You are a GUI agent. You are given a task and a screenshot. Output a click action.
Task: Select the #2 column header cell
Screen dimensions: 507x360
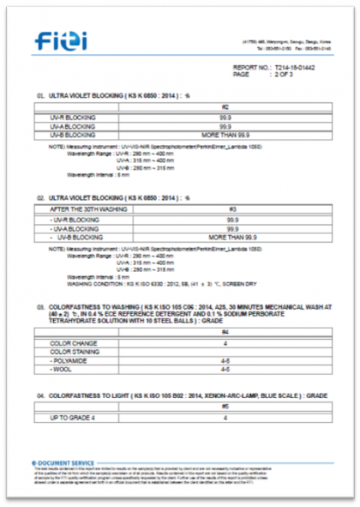click(225, 107)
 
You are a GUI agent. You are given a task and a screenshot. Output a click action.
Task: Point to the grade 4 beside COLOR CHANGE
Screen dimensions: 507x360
click(225, 342)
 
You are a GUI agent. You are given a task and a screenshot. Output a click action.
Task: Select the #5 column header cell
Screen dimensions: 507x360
click(225, 407)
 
